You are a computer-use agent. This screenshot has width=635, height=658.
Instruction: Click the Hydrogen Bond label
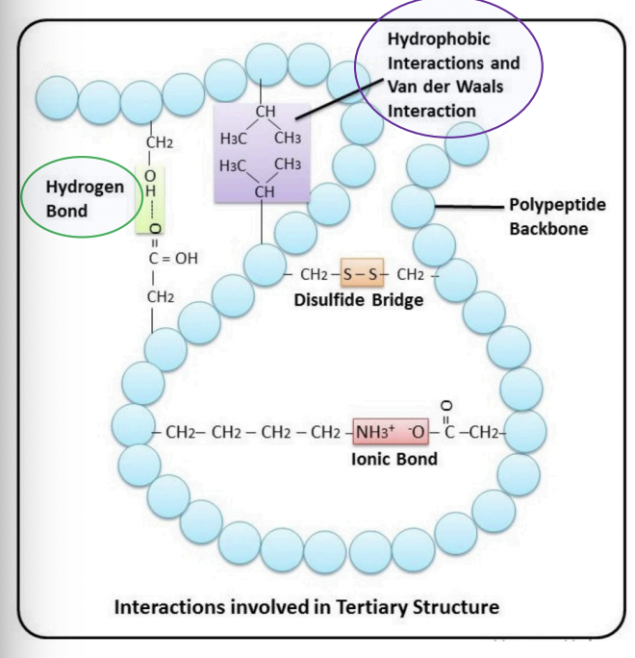coord(86,197)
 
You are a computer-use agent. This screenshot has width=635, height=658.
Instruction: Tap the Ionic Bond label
coord(394,459)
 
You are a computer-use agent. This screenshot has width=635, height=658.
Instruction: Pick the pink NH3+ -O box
coord(394,433)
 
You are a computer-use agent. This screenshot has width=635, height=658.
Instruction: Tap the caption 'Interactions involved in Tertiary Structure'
coord(307,608)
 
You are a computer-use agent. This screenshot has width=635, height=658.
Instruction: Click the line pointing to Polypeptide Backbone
coord(469,206)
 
